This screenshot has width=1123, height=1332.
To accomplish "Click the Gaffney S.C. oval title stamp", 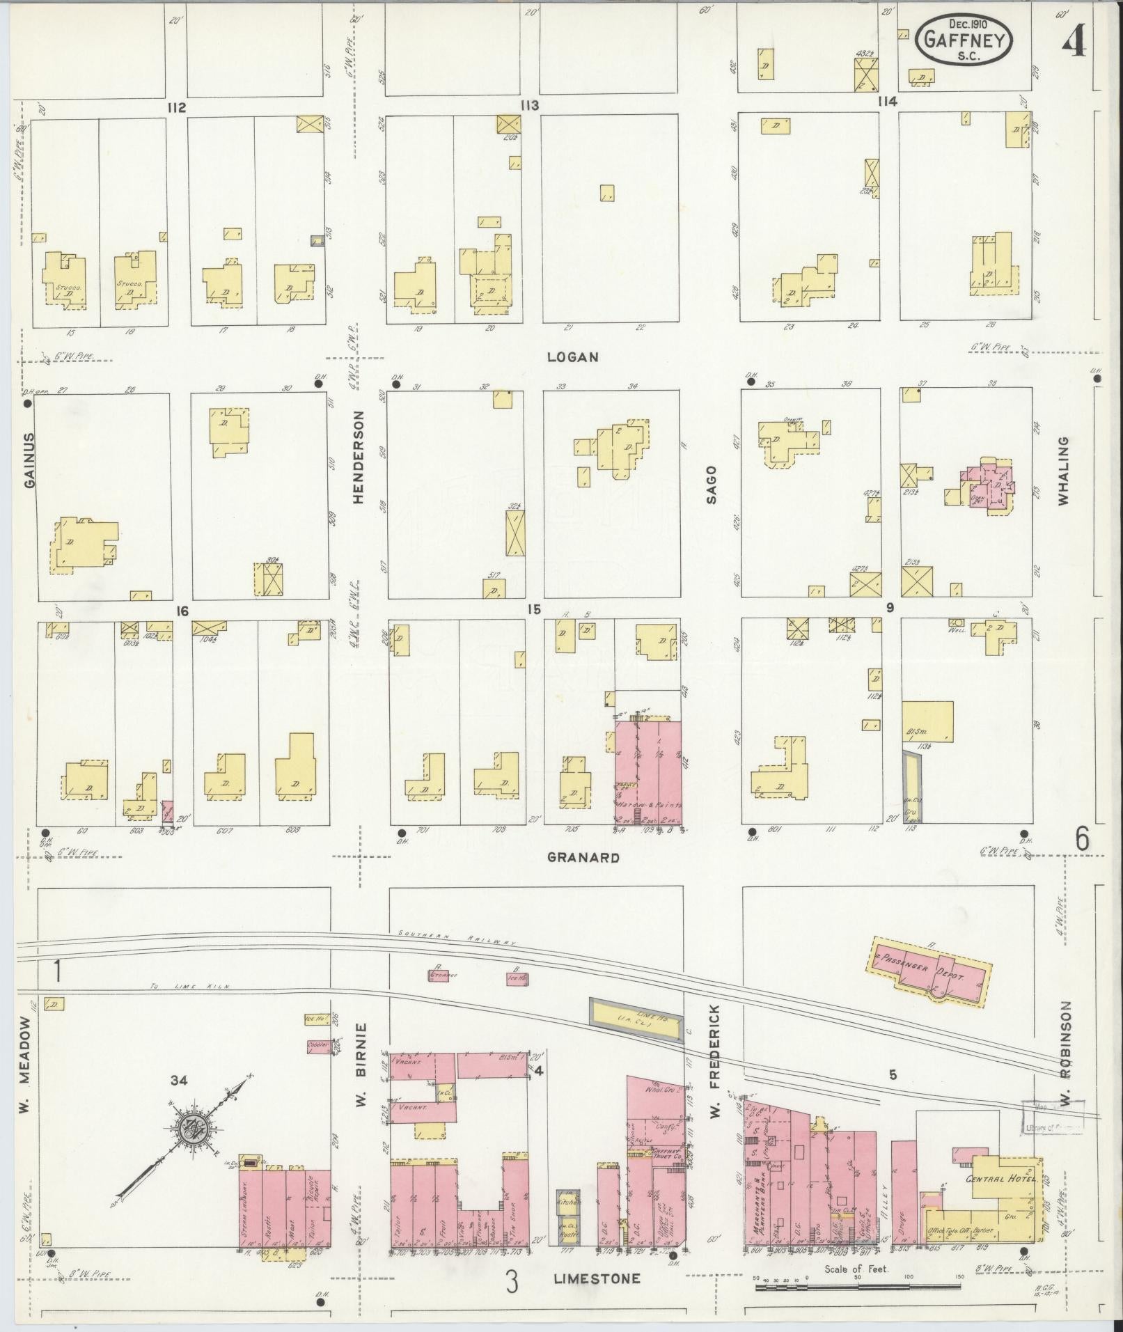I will click(x=964, y=40).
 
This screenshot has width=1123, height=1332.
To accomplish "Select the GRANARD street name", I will click(x=583, y=858).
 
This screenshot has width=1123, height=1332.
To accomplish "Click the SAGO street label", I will click(x=712, y=479).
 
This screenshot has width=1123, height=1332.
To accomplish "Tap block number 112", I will click(x=176, y=107).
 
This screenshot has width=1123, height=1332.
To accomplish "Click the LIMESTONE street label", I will click(x=597, y=1278).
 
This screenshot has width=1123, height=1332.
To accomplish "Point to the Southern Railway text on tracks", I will click(x=456, y=937).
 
